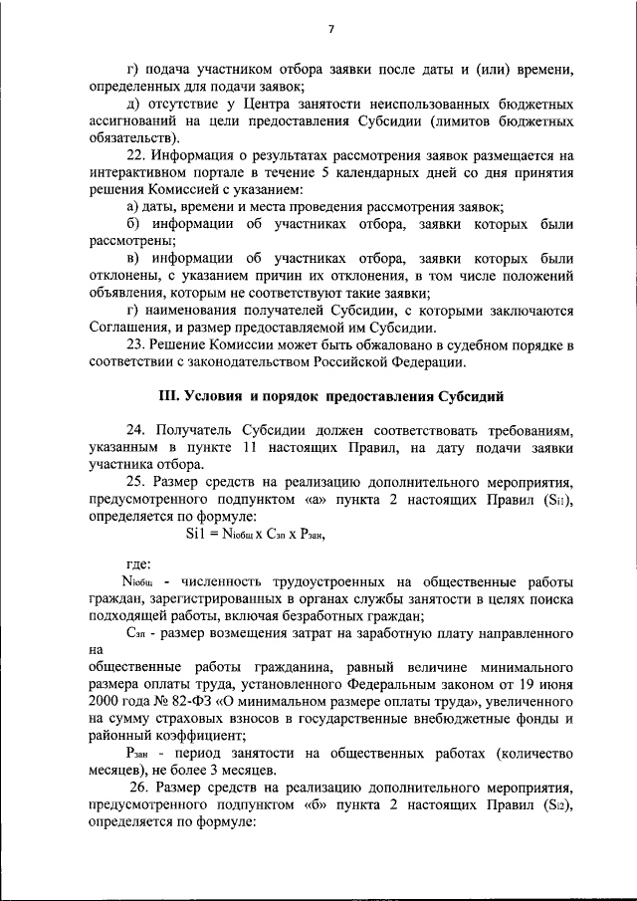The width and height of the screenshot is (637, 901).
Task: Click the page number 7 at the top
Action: click(x=329, y=29)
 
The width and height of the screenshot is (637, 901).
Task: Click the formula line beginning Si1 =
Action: click(x=257, y=534)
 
